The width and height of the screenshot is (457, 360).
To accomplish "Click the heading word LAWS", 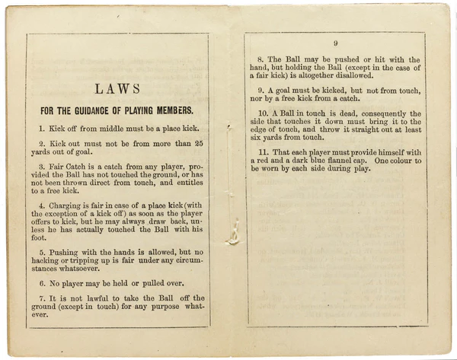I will (x=117, y=89).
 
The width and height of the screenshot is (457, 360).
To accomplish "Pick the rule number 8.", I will (x=260, y=59).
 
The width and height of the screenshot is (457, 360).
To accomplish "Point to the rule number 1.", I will (x=42, y=129).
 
